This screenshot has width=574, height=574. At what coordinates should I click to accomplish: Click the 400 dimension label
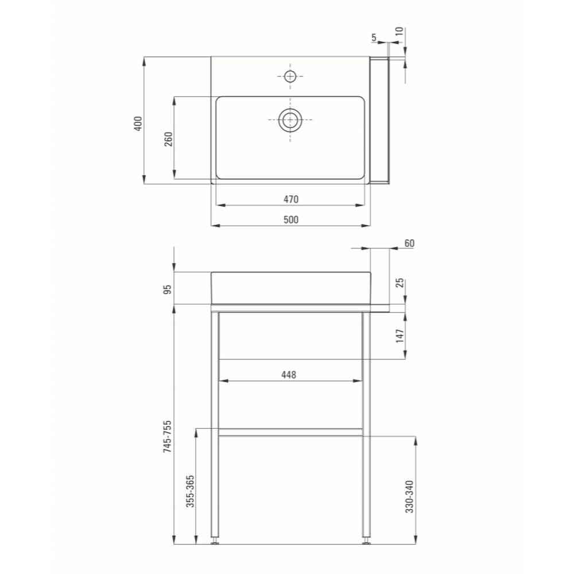137,123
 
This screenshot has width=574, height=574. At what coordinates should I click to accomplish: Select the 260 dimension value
168,139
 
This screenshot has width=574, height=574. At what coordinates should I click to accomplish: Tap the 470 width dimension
290,199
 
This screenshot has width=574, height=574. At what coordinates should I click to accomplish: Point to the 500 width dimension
290,219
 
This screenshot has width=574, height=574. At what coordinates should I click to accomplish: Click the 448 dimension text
288,375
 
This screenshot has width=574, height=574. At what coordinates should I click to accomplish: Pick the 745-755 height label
168,437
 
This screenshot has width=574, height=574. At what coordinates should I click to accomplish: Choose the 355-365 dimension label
190,492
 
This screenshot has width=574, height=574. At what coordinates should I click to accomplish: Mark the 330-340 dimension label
409,497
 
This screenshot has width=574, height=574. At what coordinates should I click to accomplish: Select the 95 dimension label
168,289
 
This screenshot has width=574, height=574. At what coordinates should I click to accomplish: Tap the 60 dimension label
409,243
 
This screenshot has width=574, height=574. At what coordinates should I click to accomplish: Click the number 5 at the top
374,38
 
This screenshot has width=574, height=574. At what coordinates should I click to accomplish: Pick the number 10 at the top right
400,32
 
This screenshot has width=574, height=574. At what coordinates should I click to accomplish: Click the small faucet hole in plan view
290,76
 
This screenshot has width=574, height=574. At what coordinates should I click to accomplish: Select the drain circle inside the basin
290,120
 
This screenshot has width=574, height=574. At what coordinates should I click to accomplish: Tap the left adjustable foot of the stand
215,540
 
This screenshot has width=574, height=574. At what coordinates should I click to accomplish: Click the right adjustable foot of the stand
366,540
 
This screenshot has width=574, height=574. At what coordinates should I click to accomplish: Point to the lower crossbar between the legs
290,432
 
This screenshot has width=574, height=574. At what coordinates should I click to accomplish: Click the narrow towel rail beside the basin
380,121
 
